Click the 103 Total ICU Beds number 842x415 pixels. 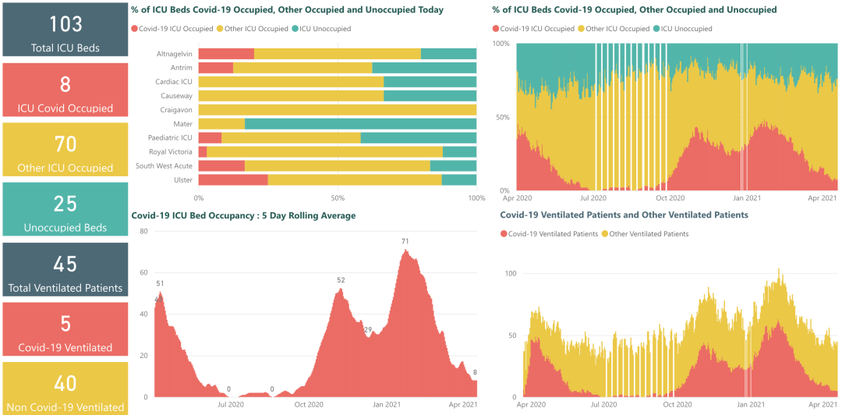click(x=65, y=24)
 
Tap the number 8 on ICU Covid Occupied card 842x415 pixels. click(x=65, y=84)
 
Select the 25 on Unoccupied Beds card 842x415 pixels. click(x=65, y=204)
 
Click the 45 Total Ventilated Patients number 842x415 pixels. click(x=65, y=264)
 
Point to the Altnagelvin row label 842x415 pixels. click(x=174, y=54)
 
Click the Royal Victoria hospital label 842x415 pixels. click(x=169, y=152)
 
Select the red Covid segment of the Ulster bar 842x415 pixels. click(x=232, y=180)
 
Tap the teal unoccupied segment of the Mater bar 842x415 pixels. click(x=360, y=124)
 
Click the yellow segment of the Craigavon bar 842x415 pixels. click(x=337, y=110)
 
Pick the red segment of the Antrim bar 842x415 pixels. click(x=215, y=68)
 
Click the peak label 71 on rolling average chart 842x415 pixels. click(x=405, y=242)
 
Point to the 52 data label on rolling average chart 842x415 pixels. click(x=341, y=281)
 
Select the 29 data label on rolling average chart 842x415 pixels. click(x=368, y=329)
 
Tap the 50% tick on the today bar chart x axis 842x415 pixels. click(x=338, y=198)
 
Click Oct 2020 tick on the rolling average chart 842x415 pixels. click(x=308, y=404)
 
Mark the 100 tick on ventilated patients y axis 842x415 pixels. click(x=511, y=274)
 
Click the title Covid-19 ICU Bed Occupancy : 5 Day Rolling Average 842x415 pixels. click(x=243, y=216)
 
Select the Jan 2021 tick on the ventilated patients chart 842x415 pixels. click(x=751, y=405)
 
